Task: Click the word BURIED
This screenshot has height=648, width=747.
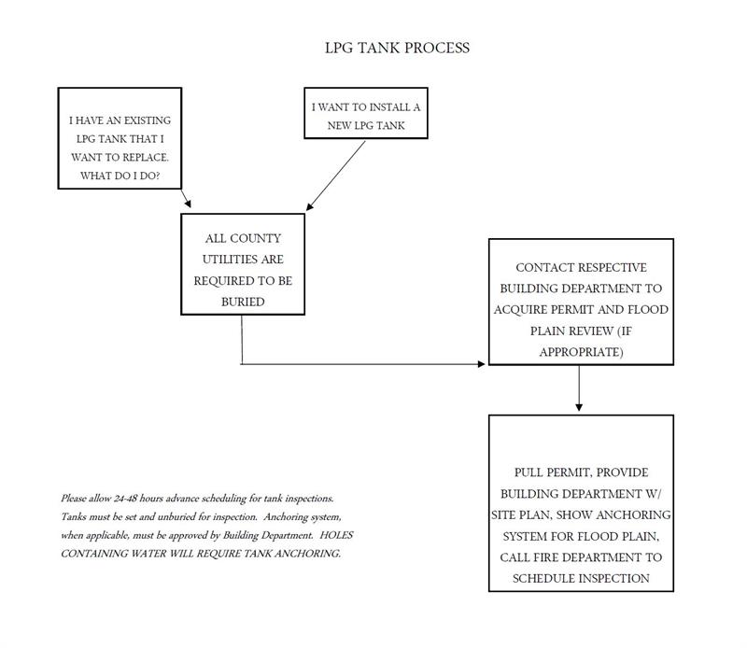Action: click(x=242, y=302)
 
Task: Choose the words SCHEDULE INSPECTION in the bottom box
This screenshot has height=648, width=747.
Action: click(x=581, y=579)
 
